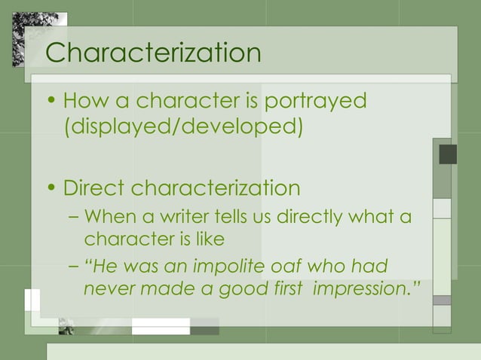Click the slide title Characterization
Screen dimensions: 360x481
[x=153, y=53]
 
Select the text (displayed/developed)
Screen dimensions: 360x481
[x=183, y=126]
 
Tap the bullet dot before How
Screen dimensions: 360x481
[x=51, y=101]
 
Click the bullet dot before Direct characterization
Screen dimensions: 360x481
[x=51, y=188]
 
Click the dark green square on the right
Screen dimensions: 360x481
[x=448, y=154]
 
